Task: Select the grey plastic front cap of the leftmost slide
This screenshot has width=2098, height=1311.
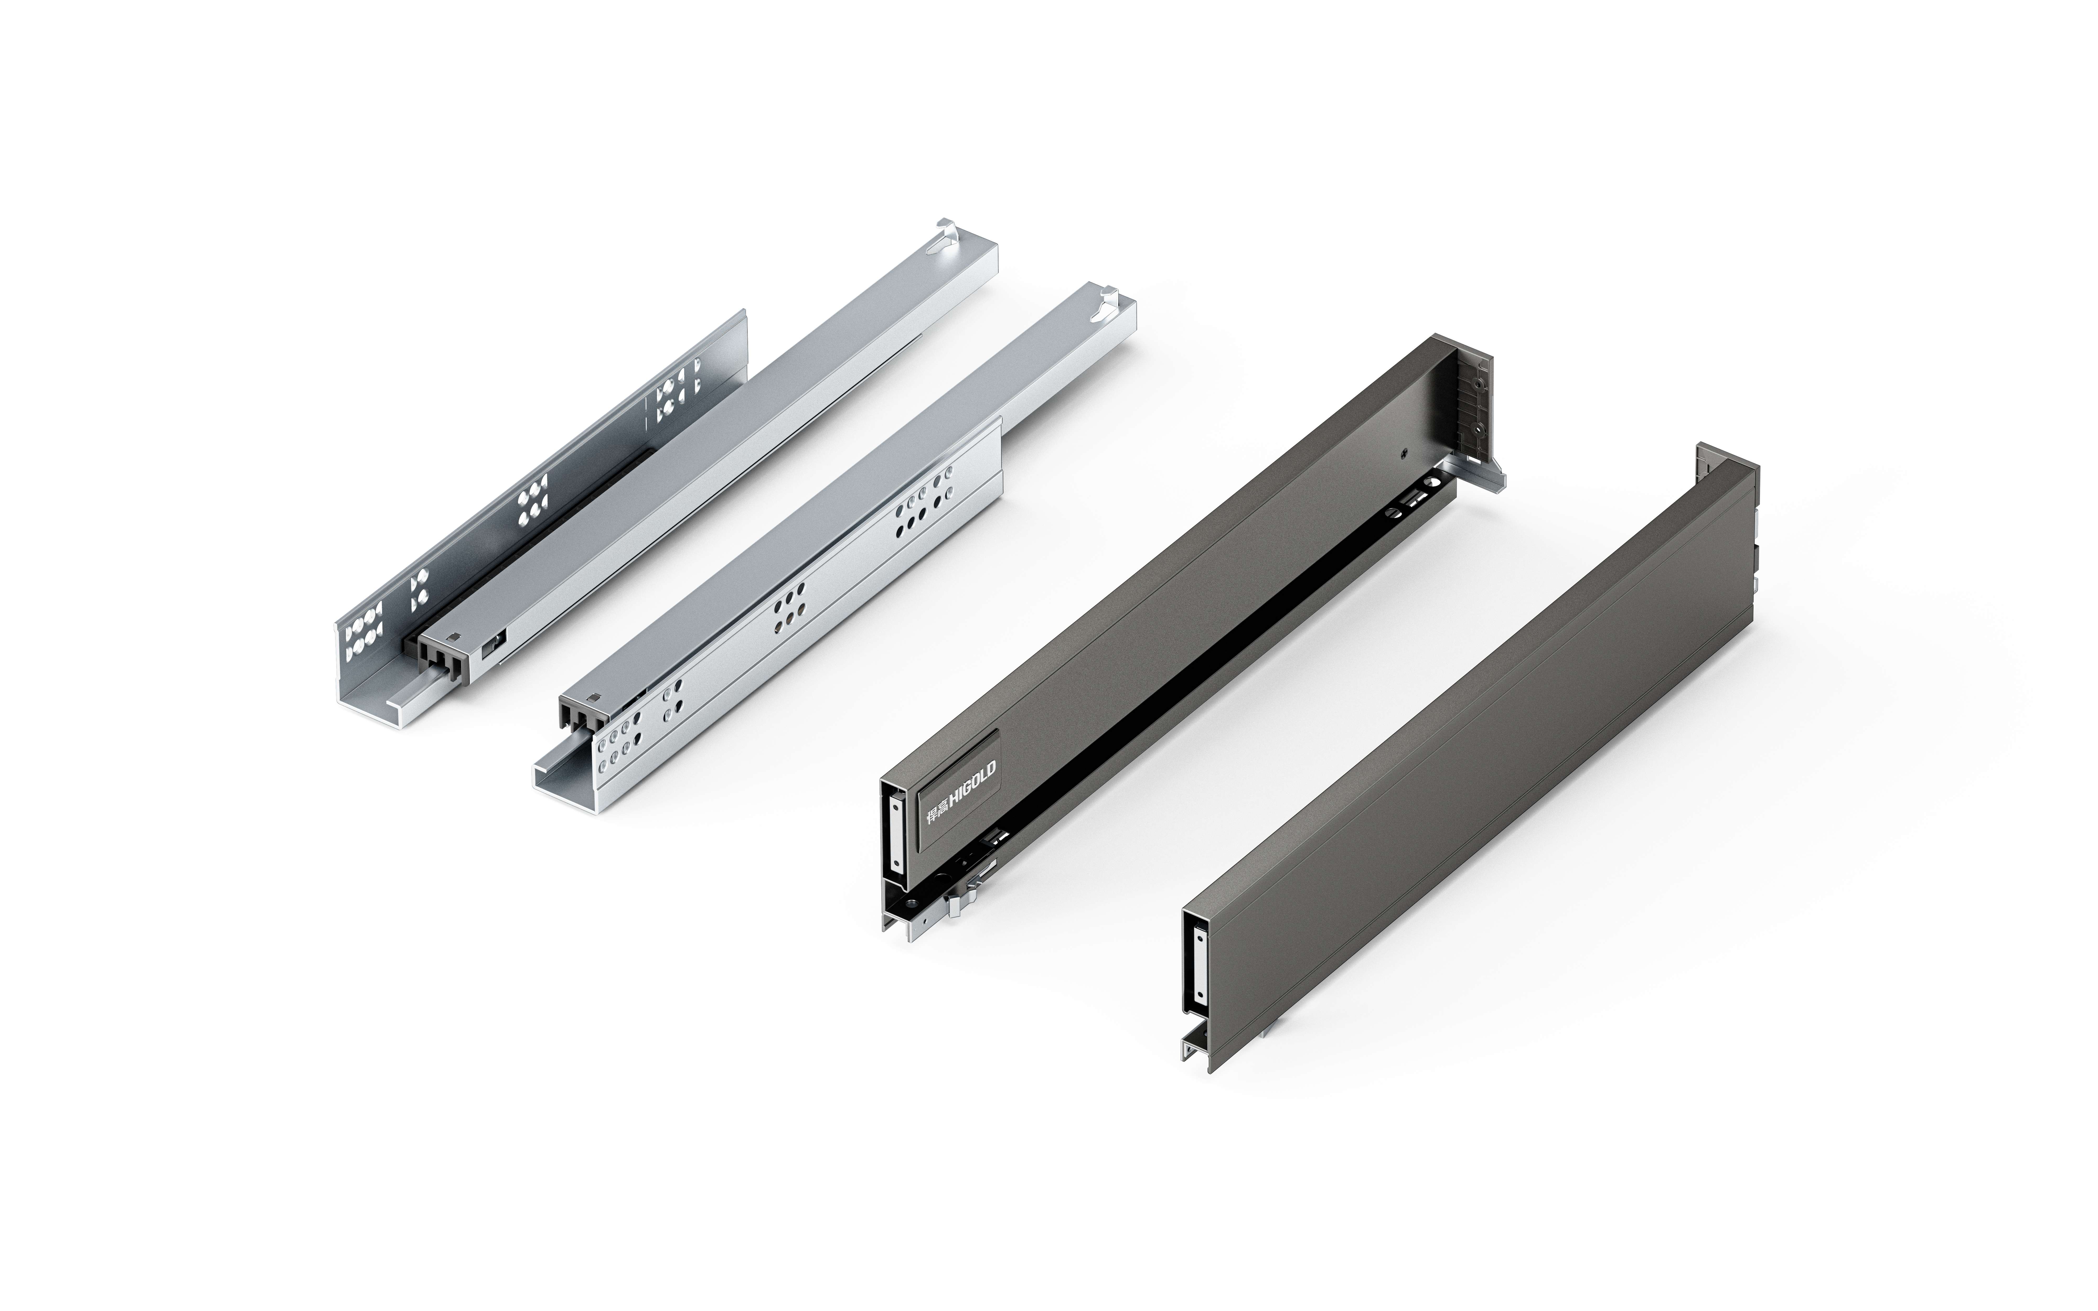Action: click(x=445, y=661)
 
